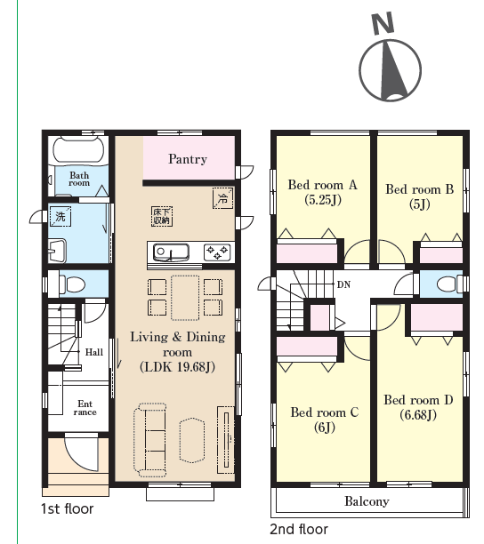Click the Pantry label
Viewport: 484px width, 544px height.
(188, 159)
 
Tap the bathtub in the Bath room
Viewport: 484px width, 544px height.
(78, 150)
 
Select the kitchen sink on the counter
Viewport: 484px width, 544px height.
(171, 252)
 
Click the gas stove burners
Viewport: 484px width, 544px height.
(217, 252)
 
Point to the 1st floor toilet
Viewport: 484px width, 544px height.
(72, 284)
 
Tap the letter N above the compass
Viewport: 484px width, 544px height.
(383, 23)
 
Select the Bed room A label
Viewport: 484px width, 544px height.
(323, 185)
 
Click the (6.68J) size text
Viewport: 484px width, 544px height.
(418, 414)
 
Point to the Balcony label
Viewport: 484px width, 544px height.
(367, 501)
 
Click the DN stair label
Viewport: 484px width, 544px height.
(343, 284)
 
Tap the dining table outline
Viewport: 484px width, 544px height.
(185, 298)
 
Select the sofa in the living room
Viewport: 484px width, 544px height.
(150, 440)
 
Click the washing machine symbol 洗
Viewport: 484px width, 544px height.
(60, 217)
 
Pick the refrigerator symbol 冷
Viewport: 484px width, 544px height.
(222, 198)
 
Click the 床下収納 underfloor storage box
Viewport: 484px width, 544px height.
(162, 217)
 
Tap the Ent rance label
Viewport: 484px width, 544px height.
(85, 408)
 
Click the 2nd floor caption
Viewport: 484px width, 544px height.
(299, 530)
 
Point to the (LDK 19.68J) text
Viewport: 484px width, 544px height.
(177, 367)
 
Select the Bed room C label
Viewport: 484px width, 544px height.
(325, 412)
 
